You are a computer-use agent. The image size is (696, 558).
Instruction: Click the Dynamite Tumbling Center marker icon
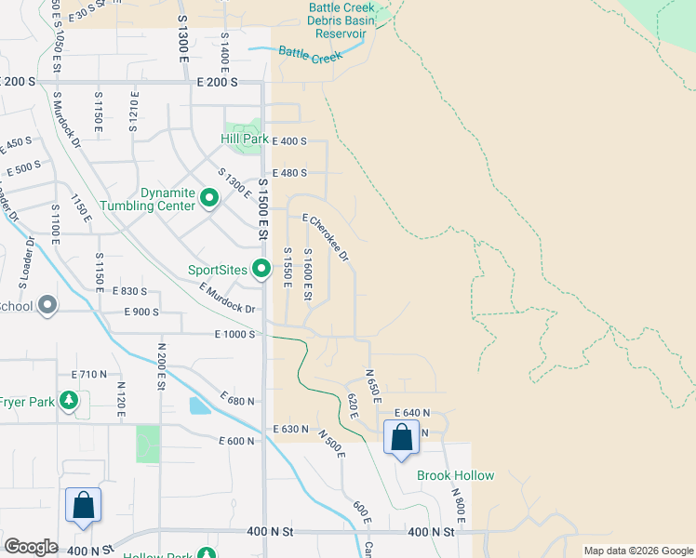[x=209, y=197]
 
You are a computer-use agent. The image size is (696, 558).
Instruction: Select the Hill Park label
[x=245, y=139]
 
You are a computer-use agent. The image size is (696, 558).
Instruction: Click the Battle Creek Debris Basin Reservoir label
[x=343, y=20]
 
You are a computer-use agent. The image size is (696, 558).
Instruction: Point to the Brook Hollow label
[x=455, y=475]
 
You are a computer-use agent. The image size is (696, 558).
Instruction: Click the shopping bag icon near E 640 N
[x=401, y=437]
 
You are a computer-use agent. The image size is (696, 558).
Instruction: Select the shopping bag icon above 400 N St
[x=83, y=506]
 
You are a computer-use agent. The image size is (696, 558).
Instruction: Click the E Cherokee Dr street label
[x=326, y=235]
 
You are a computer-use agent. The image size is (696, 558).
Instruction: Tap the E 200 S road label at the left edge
[x=18, y=82]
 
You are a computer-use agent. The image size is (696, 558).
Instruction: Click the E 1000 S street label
[x=234, y=334]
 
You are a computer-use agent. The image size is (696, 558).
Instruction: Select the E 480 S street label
[x=289, y=172]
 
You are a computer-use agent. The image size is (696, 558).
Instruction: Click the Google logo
[x=31, y=547]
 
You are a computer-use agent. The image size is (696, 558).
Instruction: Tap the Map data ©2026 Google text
[x=637, y=551]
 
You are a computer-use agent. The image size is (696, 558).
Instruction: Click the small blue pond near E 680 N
[x=199, y=405]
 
